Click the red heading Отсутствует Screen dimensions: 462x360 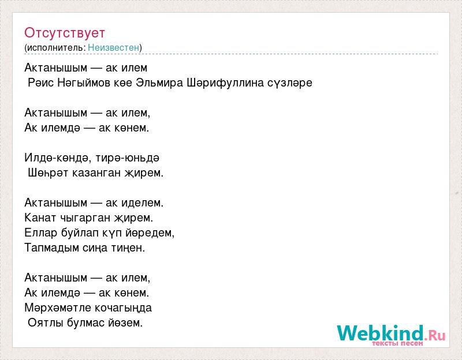pos(65,33)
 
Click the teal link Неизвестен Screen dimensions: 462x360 pos(113,47)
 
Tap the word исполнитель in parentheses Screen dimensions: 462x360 pos(55,48)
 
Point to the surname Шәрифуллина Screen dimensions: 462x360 pos(225,83)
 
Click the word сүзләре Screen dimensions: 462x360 pos(290,83)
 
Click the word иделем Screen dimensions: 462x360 pos(142,202)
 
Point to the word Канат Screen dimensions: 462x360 pos(40,218)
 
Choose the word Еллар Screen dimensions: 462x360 pos(41,233)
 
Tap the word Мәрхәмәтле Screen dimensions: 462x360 pos(55,308)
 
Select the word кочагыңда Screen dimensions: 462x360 pos(120,308)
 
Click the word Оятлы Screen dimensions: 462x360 pos(46,322)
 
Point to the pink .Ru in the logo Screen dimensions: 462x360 pos(435,335)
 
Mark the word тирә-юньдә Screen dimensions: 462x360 pos(128,157)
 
